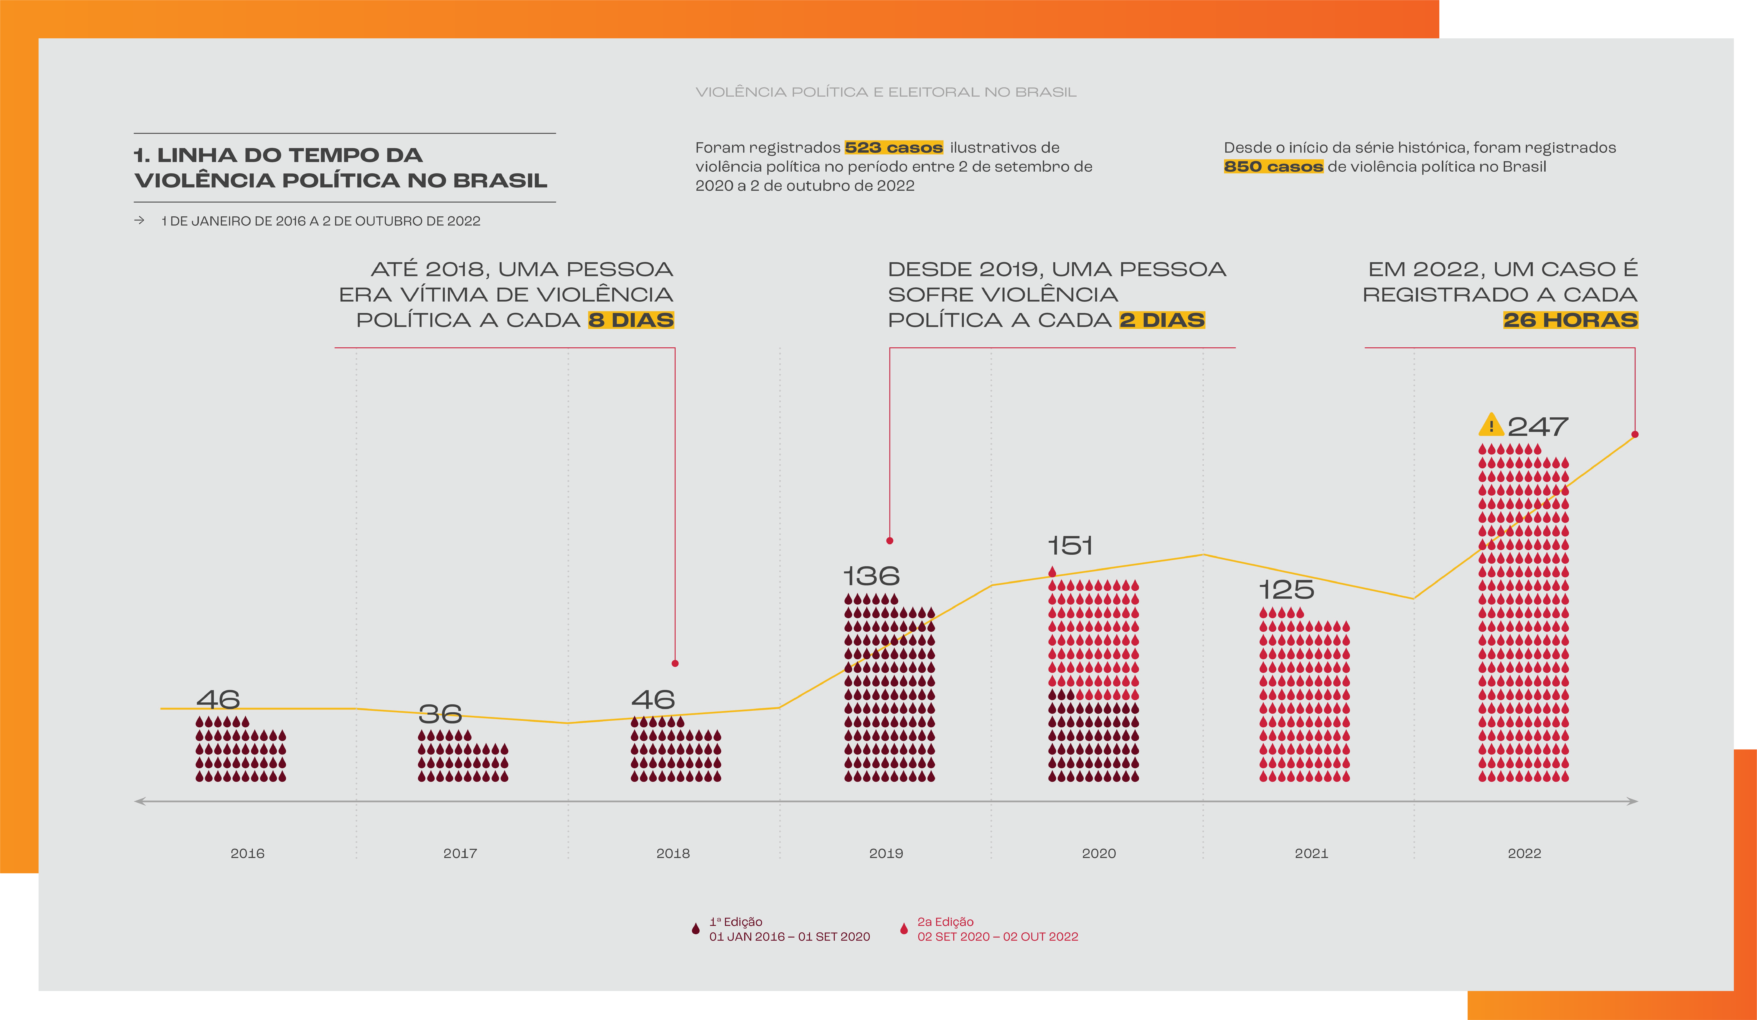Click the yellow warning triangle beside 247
coord(1491,424)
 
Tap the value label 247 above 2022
coord(1538,426)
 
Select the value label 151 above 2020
coord(1070,546)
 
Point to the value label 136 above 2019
coord(872,576)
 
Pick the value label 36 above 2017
coord(440,713)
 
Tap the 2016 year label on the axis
coord(247,853)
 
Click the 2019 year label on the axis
coord(886,853)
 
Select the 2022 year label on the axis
coord(1525,853)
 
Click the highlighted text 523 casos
coord(894,148)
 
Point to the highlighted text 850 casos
coord(1273,167)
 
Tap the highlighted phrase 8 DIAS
coord(631,320)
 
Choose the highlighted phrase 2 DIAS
coord(1162,320)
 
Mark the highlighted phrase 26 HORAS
coord(1570,320)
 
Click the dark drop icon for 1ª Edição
coord(695,929)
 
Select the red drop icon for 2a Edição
coord(904,929)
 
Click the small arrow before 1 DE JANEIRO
coord(139,220)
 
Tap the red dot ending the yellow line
coord(1635,434)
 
